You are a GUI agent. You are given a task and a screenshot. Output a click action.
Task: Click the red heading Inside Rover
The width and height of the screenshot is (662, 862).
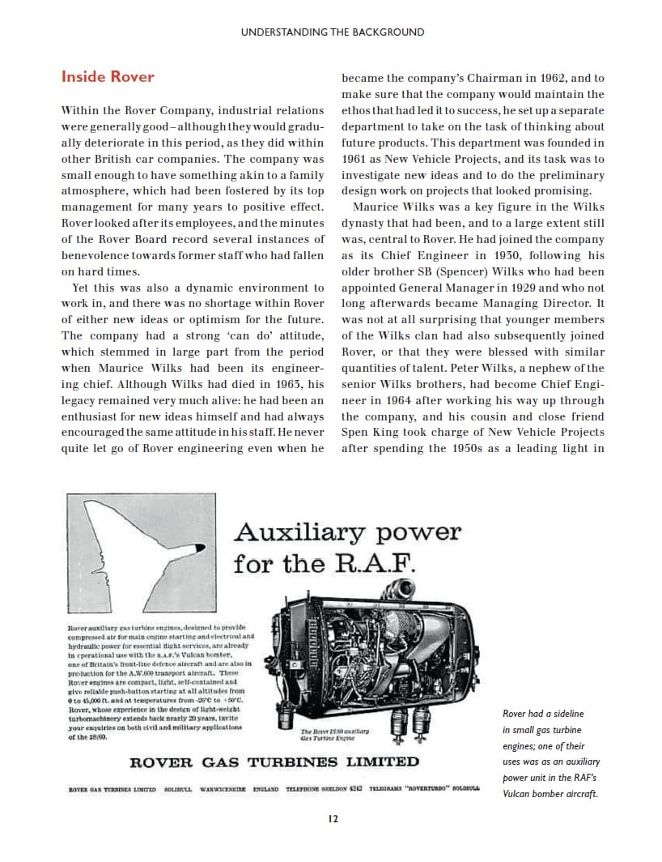(108, 78)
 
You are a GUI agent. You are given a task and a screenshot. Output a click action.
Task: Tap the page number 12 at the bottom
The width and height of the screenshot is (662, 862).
(333, 819)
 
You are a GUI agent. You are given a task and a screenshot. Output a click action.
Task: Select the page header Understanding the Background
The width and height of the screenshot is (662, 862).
(332, 32)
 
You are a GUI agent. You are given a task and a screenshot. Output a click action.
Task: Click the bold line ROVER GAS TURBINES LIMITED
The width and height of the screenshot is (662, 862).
(275, 762)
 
